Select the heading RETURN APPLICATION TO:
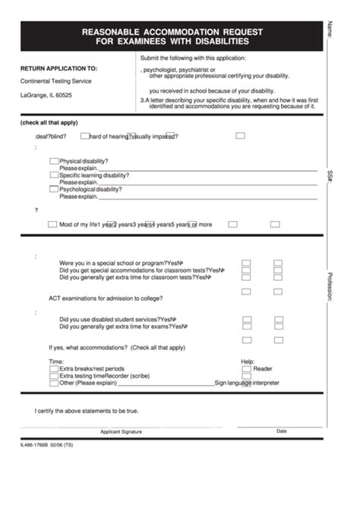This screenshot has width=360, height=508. click(x=58, y=68)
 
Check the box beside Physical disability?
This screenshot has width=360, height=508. click(x=53, y=161)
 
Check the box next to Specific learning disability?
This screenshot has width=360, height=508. click(x=53, y=175)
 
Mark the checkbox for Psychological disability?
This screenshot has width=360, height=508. click(x=53, y=189)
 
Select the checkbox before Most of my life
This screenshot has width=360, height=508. click(x=52, y=224)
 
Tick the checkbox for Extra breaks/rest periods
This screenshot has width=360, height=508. click(x=53, y=368)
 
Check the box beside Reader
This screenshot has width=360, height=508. click(x=246, y=368)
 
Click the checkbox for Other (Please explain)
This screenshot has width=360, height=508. click(x=53, y=383)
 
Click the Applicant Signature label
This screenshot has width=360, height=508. click(x=121, y=431)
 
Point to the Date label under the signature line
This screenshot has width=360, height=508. click(x=282, y=431)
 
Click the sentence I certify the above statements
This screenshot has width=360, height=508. click(x=87, y=411)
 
